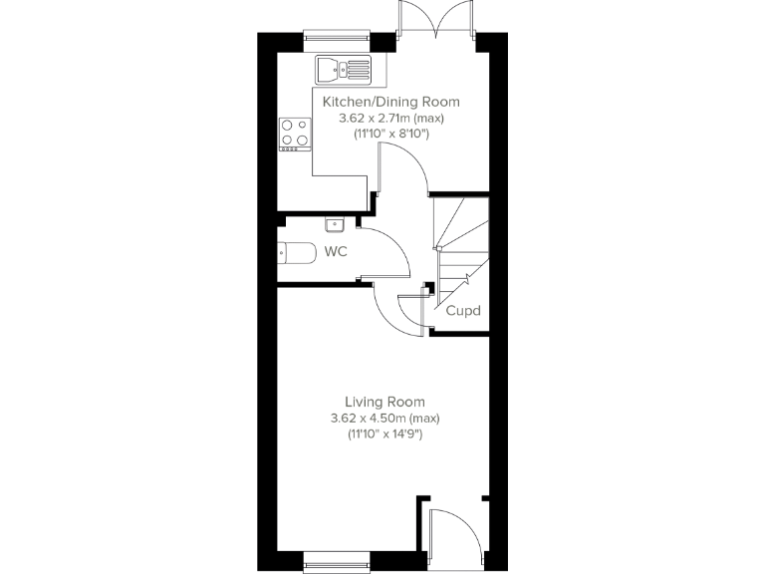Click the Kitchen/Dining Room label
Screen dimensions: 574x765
[389, 102]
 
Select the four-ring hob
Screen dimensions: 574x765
[294, 133]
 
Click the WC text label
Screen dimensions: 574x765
[336, 252]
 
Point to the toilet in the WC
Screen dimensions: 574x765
[297, 254]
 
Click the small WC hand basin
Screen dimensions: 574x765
[335, 224]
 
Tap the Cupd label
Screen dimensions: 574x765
[463, 311]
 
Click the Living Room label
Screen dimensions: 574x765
[383, 401]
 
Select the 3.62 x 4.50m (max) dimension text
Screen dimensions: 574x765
[384, 418]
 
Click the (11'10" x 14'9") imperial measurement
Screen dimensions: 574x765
[383, 434]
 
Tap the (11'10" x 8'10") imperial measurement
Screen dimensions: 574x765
[389, 134]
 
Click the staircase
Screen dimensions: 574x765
[460, 249]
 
